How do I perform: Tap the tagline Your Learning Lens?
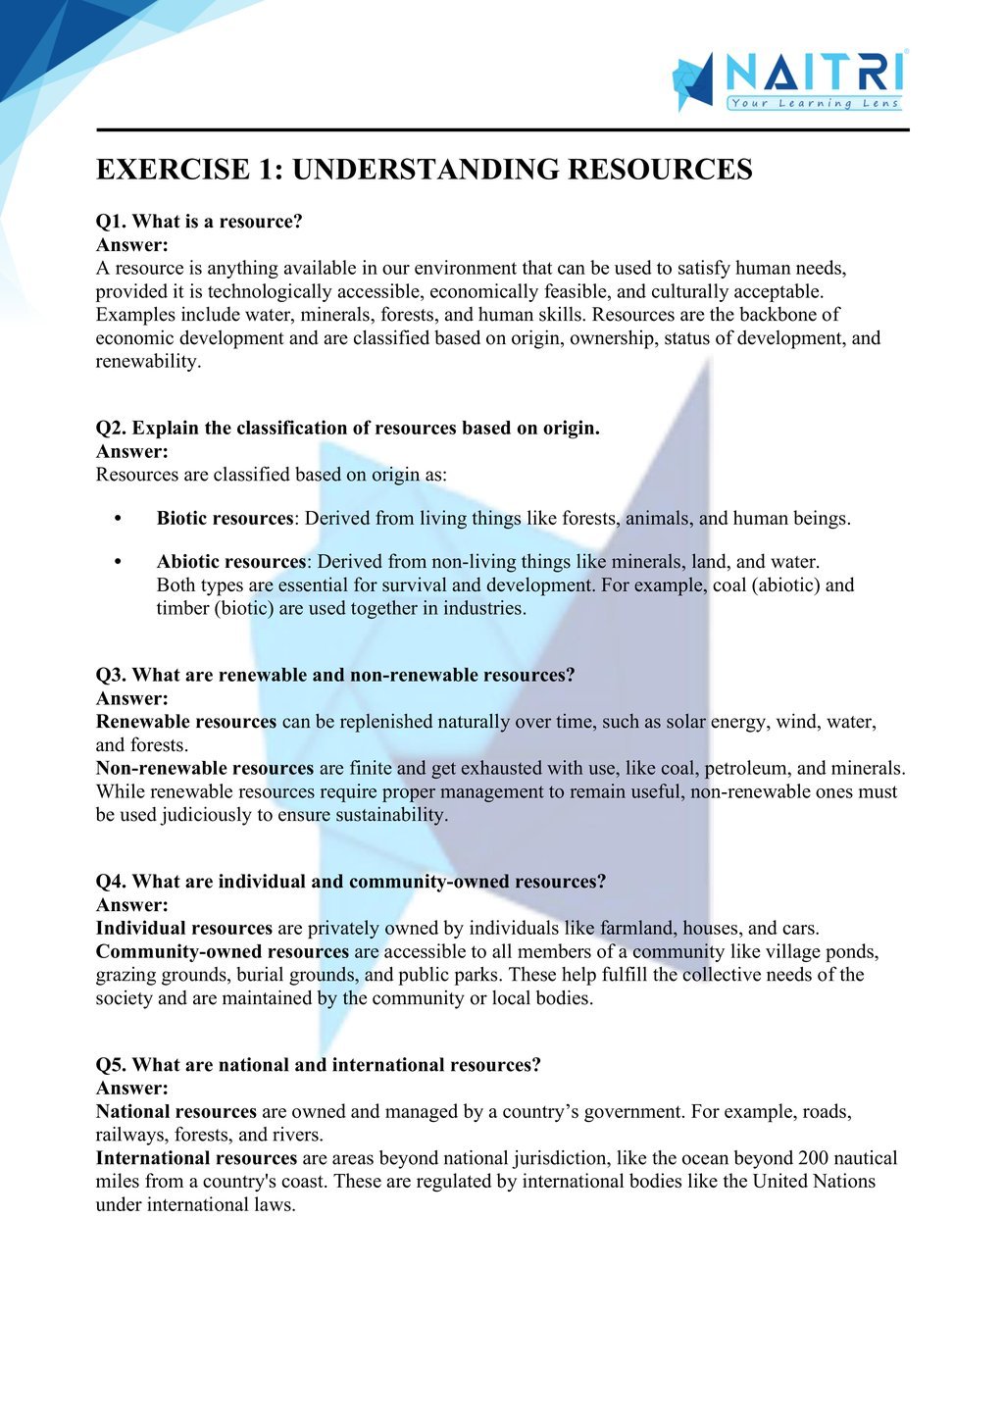pos(814,103)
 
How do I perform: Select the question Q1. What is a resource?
pos(199,222)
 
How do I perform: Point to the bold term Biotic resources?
pos(225,519)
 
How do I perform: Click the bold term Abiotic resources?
pos(231,562)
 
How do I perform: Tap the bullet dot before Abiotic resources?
pos(118,562)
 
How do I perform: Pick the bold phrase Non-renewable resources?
pos(205,768)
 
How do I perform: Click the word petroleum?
pos(745,768)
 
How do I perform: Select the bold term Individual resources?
pos(184,928)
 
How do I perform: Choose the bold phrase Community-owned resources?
pos(223,951)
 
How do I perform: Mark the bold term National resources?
pos(176,1111)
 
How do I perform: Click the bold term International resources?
pos(196,1158)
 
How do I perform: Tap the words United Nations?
pos(814,1182)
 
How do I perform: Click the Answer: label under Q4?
pos(132,905)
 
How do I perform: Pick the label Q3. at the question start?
pos(111,675)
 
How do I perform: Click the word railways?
pos(131,1135)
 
